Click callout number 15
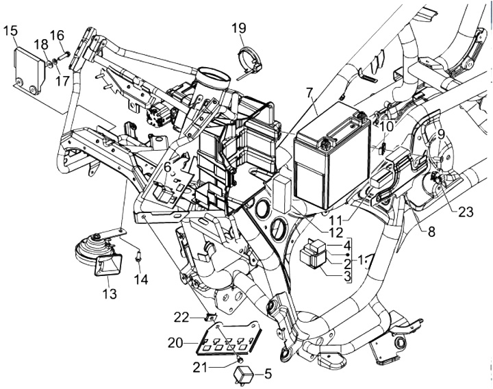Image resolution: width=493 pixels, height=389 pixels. coord(10,32)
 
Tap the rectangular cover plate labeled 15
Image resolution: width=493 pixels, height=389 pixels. coord(29,70)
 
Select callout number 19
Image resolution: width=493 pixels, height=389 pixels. coord(239,28)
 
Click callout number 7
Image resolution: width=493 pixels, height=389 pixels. coord(309,93)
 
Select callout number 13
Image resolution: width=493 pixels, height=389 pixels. coord(109,294)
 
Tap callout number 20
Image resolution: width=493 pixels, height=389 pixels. coord(175,343)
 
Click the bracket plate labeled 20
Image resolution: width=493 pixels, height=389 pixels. coord(229,338)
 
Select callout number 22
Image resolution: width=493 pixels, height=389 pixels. coord(181,318)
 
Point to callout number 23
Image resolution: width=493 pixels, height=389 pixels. coord(466,212)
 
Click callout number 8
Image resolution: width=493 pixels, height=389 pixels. coord(431,232)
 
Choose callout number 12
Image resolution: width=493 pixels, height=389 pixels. coord(336,233)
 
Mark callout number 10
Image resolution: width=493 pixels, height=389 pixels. coord(385,127)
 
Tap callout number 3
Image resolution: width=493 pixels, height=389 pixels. coord(346,277)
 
